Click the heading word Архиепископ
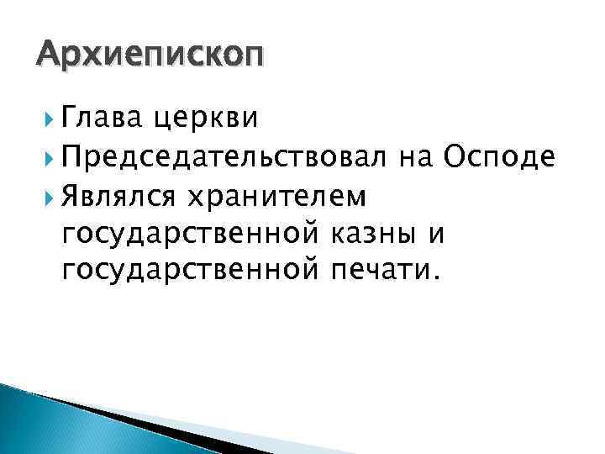coord(150,56)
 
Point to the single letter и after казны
coord(434,234)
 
